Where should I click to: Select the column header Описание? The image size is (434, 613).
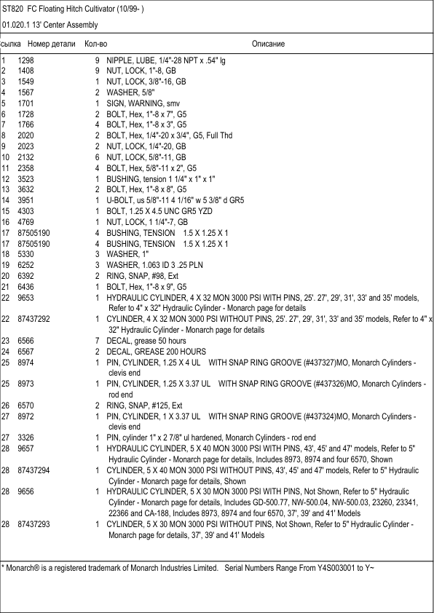[268, 44]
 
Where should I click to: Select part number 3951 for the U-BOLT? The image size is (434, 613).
[26, 200]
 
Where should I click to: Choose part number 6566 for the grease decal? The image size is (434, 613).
[26, 341]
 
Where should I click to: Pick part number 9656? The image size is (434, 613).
[26, 492]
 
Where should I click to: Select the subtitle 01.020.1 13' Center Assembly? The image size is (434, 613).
[50, 25]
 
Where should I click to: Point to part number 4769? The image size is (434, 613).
[26, 221]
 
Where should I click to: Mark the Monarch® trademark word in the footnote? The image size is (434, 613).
[24, 567]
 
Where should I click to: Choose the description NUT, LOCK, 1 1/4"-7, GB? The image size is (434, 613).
[147, 221]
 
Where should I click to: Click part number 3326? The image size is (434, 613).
[26, 438]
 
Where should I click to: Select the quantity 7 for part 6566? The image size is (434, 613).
[97, 341]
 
